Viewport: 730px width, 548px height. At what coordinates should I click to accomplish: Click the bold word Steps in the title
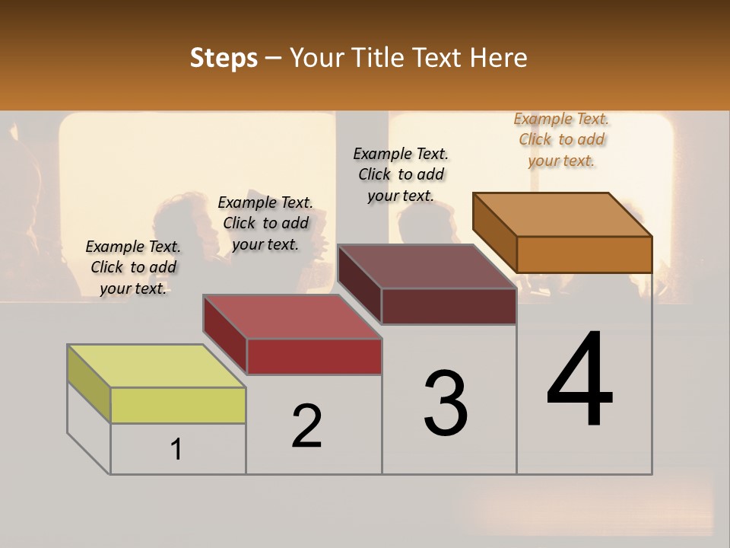224,58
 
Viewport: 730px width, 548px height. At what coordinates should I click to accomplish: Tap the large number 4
579,381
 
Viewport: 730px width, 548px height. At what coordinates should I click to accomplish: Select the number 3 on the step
446,403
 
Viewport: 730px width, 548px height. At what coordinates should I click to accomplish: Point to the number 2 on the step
307,426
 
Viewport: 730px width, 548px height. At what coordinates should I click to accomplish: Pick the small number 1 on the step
176,449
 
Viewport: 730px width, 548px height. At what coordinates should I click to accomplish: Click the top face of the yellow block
156,366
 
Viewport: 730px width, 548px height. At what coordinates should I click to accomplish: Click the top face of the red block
292,317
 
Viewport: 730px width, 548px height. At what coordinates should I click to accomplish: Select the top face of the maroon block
427,266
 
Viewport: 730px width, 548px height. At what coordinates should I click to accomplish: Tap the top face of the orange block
563,215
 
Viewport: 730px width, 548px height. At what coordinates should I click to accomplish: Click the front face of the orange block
584,254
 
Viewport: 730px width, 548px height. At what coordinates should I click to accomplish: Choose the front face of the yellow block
178,405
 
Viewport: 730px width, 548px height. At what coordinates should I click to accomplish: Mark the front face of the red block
314,356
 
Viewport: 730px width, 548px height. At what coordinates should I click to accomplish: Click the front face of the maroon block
449,306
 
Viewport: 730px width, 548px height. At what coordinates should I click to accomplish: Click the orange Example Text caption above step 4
561,139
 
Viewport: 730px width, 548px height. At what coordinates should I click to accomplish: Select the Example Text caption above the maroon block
401,174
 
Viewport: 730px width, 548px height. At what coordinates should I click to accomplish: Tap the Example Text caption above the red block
265,223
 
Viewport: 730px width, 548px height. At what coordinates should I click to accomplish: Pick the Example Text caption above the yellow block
133,267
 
